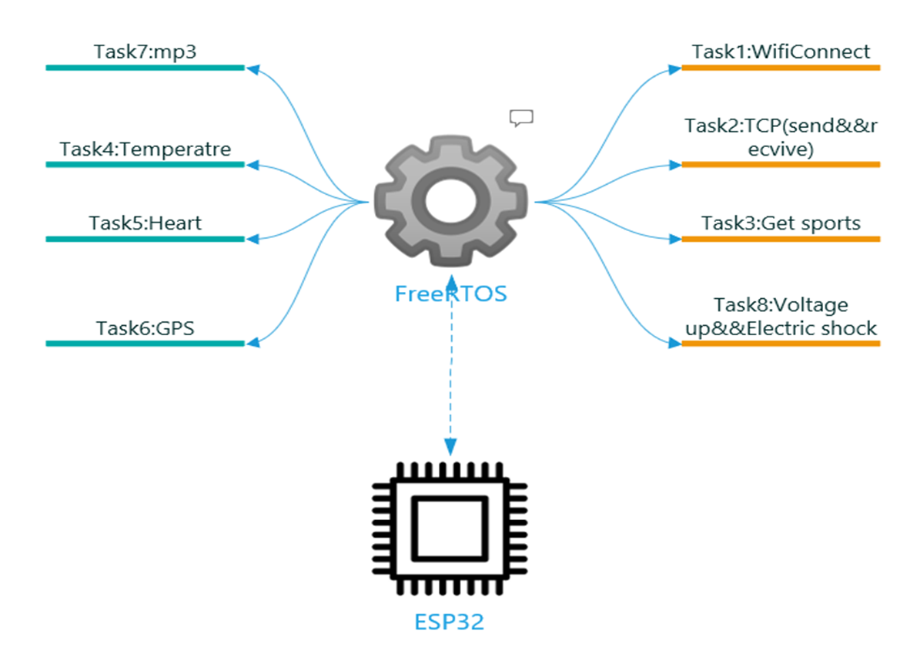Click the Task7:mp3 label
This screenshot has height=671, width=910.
pos(145,52)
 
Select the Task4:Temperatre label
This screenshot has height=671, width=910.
pos(145,148)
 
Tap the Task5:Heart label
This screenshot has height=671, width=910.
pos(145,223)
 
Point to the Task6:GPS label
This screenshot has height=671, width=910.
pos(145,328)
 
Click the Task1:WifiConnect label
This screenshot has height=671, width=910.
pos(781,52)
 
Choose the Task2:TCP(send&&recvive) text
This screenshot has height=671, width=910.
pos(781,138)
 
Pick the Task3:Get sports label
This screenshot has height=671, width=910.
pos(781,223)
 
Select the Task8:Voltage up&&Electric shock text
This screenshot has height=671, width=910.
pos(781,317)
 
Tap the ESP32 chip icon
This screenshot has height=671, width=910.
pos(450,528)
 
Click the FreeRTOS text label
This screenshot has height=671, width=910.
pos(450,294)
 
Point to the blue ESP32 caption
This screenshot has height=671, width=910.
pos(450,622)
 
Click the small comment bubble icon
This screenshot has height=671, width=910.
pos(521,117)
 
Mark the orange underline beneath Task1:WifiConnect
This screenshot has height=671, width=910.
pos(781,68)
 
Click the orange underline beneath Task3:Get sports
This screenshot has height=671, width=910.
pos(781,239)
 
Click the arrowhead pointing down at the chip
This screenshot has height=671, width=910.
pos(450,448)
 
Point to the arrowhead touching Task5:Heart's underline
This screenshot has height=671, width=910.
pos(251,239)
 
